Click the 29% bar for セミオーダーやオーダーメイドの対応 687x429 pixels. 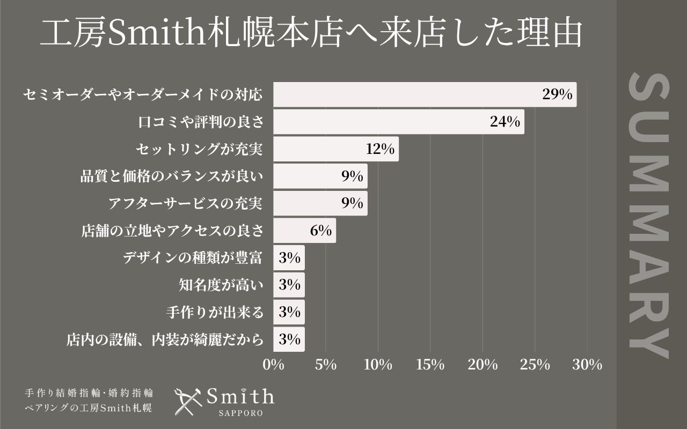click(x=424, y=95)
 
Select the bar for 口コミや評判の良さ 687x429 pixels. click(x=398, y=122)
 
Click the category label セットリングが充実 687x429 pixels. click(x=199, y=149)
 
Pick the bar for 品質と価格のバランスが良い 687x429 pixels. click(x=320, y=176)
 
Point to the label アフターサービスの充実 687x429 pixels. click(x=185, y=204)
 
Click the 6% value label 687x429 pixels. click(x=320, y=231)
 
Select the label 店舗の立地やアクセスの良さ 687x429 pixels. click(x=172, y=231)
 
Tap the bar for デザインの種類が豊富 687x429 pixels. click(x=289, y=258)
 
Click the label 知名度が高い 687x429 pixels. click(x=221, y=285)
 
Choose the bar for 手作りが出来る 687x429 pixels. click(x=289, y=313)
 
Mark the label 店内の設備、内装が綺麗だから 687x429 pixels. click(x=165, y=340)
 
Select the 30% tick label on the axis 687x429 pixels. click(x=587, y=365)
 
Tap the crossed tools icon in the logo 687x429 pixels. click(x=187, y=401)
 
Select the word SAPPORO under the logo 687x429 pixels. click(x=240, y=414)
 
